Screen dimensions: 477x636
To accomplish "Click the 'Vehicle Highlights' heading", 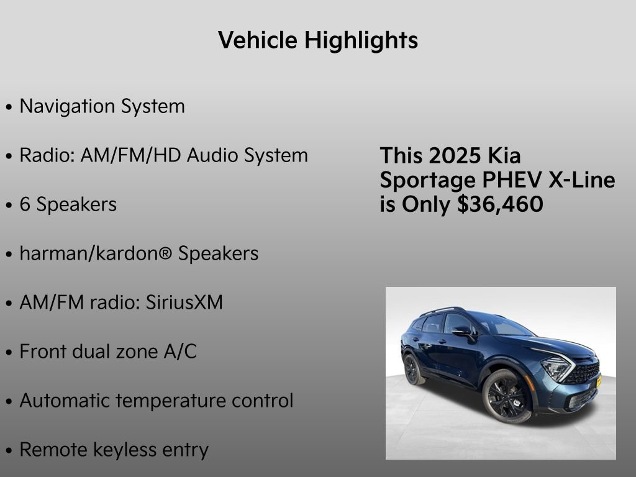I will [318, 40].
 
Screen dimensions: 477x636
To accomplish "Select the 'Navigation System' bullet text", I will [102, 106].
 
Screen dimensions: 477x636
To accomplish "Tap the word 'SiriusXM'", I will [184, 302].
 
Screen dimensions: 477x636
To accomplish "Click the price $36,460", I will [500, 204].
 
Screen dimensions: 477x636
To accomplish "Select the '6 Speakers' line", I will [68, 204].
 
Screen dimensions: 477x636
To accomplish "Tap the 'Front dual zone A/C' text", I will [108, 352].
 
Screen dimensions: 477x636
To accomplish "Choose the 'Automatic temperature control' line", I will [156, 401].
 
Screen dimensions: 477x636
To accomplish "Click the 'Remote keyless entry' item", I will [114, 450].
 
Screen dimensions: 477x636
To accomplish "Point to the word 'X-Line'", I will [582, 180].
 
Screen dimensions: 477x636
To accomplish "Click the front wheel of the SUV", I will [507, 395].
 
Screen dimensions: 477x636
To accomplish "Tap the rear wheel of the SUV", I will [412, 369].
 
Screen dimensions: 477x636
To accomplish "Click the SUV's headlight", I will [556, 368].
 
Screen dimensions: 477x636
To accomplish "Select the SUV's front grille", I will [585, 373].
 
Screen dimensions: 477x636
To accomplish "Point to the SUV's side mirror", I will [462, 332].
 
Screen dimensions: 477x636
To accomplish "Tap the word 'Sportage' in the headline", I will [428, 180].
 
